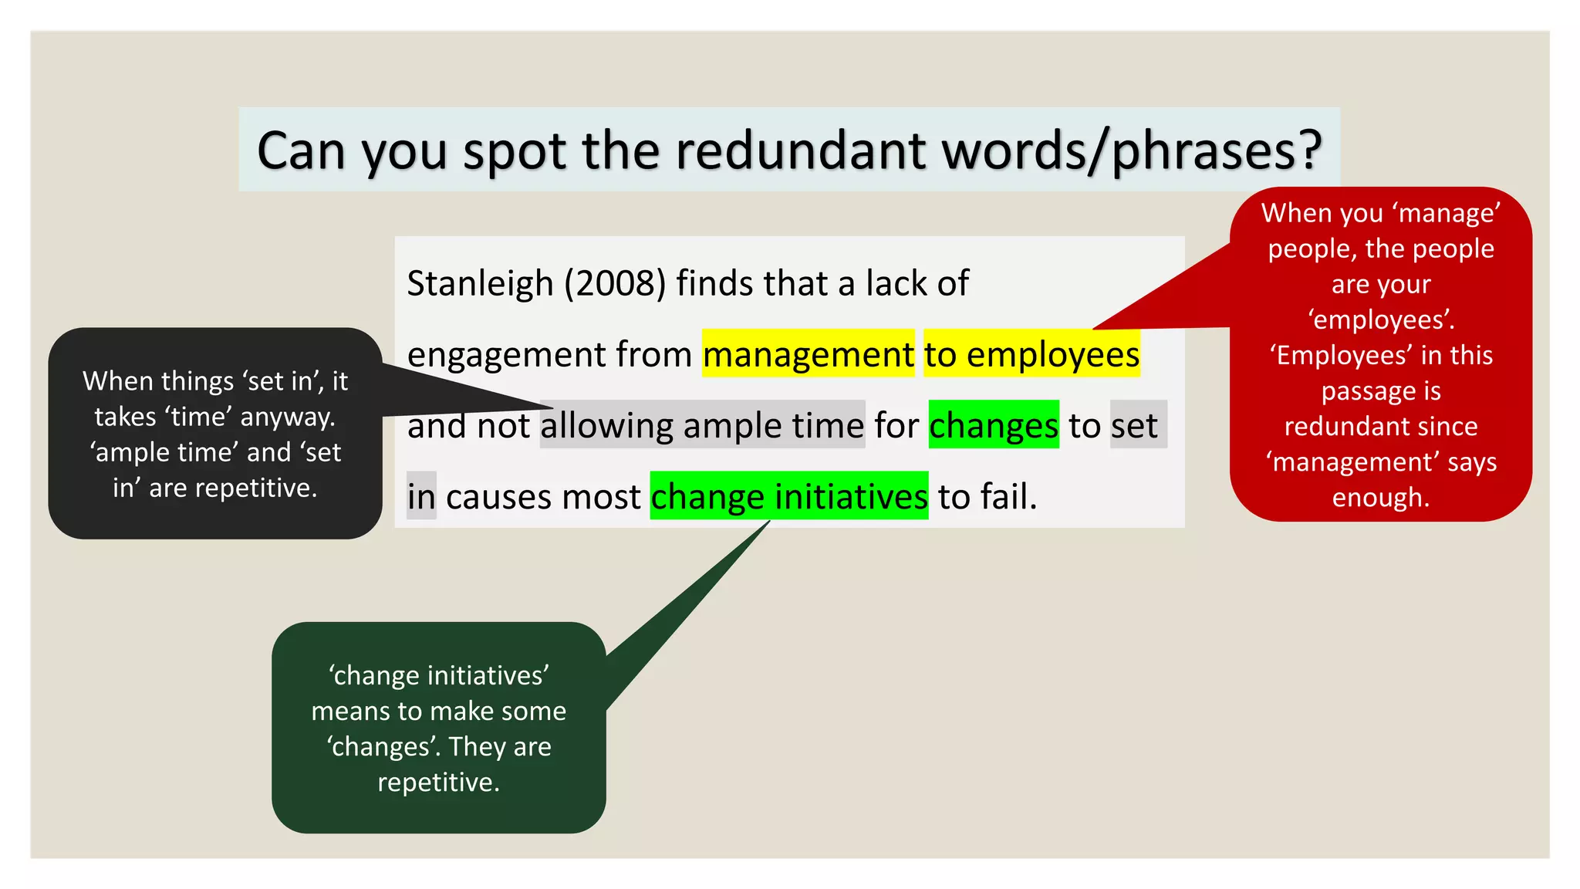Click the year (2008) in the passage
[x=615, y=283]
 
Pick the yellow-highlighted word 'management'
[x=808, y=354]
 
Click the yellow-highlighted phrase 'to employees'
[x=1031, y=354]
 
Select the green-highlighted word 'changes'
[x=994, y=425]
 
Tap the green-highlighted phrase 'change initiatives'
[x=788, y=496]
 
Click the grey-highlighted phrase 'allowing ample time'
[x=702, y=425]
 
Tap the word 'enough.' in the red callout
[x=1381, y=498]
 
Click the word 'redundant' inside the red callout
[x=1381, y=427]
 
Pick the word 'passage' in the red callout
[x=1360, y=391]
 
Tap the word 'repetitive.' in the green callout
[x=438, y=783]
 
